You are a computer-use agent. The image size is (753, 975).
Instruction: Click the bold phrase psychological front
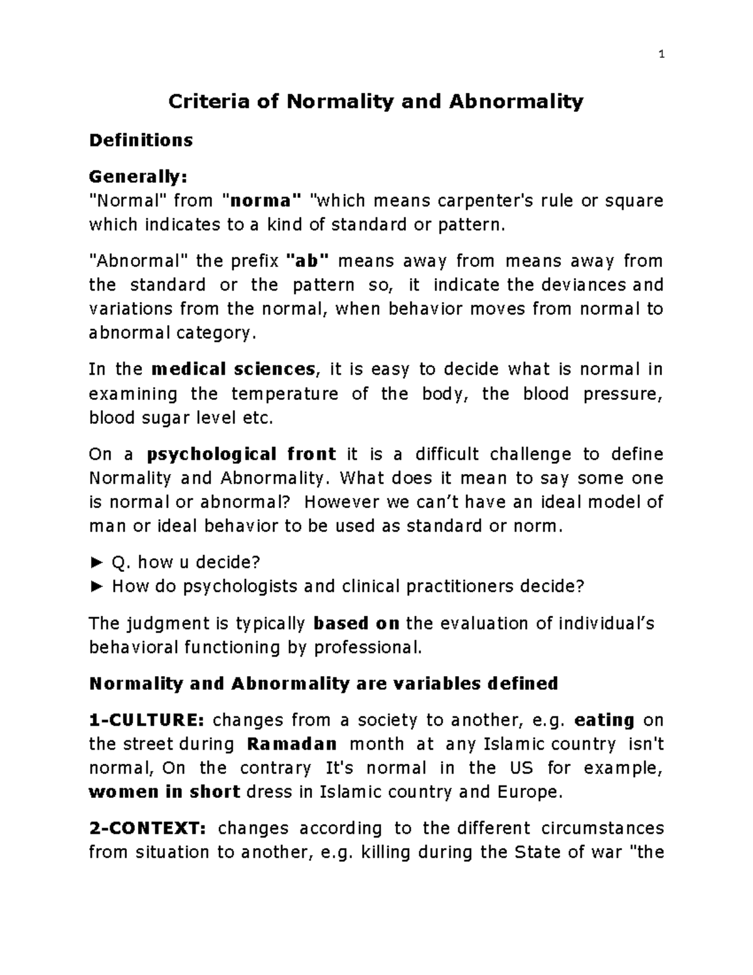click(x=242, y=454)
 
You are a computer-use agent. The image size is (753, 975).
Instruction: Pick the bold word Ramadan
click(x=292, y=744)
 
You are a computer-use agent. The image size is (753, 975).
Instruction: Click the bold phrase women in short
click(x=165, y=792)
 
